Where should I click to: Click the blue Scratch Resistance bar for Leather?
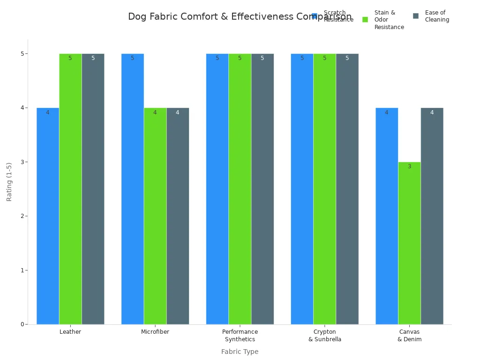48,216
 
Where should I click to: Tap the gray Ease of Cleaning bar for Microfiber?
178,216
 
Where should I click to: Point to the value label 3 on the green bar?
409,166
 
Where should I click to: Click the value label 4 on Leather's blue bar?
48,112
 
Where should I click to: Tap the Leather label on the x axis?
70,332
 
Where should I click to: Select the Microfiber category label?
155,332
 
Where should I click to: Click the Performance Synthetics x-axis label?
240,336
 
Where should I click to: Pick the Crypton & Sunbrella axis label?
324,336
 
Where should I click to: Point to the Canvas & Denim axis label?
409,336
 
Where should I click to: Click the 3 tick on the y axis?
22,162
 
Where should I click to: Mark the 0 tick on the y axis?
22,324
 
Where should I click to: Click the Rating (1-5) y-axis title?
9,182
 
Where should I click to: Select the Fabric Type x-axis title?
240,352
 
